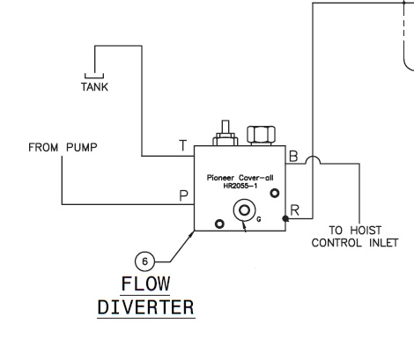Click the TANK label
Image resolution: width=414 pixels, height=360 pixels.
point(94,87)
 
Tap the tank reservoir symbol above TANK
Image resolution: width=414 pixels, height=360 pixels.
point(94,77)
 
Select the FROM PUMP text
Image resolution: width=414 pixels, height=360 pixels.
point(63,147)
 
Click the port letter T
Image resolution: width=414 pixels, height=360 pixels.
point(182,145)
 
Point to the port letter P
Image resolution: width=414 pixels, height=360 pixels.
point(183,195)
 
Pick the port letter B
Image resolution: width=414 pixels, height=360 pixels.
point(293,156)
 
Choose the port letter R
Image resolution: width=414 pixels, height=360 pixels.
point(294,210)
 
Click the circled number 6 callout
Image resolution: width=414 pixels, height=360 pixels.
point(144,261)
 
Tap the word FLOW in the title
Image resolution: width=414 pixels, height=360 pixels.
point(145,283)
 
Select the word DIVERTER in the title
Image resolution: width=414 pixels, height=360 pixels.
point(146,307)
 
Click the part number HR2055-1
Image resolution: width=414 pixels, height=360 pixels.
point(240,186)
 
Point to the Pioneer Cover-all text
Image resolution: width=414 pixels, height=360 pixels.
point(240,178)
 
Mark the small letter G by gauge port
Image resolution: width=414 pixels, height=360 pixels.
point(259,219)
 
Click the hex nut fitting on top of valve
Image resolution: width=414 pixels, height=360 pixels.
point(261,136)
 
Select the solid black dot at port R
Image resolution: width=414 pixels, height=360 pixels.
point(285,218)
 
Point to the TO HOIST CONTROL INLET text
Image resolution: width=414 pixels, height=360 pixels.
point(355,237)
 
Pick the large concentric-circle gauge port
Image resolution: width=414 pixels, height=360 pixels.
point(244,210)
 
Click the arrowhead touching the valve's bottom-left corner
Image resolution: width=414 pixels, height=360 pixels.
point(191,234)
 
